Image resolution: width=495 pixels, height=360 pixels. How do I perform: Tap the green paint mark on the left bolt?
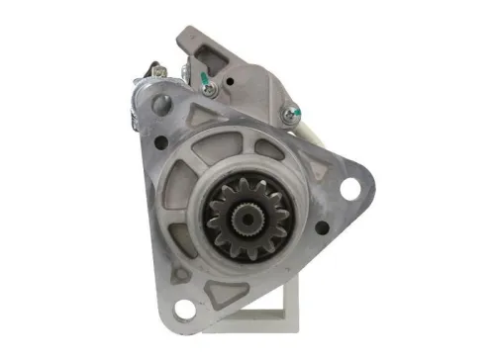(x=205, y=82)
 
